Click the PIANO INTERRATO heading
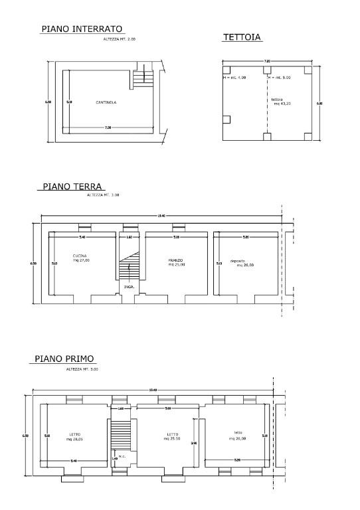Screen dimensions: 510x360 (x=82, y=29)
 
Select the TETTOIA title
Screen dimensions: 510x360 (x=241, y=38)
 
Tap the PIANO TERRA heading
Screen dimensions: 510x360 (x=74, y=187)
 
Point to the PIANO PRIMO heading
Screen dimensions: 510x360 (x=64, y=359)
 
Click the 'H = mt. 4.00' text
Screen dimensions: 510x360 (x=234, y=78)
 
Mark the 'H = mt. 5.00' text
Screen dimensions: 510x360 (x=280, y=78)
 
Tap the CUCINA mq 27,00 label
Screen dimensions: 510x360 (x=80, y=258)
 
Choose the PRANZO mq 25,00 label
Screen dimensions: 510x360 (x=176, y=262)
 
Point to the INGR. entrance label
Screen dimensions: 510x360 (x=128, y=288)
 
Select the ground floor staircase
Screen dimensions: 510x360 (x=128, y=268)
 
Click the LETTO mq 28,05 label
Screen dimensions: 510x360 (x=75, y=437)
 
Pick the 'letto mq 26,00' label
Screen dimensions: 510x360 (x=238, y=436)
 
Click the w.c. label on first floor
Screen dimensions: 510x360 (x=122, y=456)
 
